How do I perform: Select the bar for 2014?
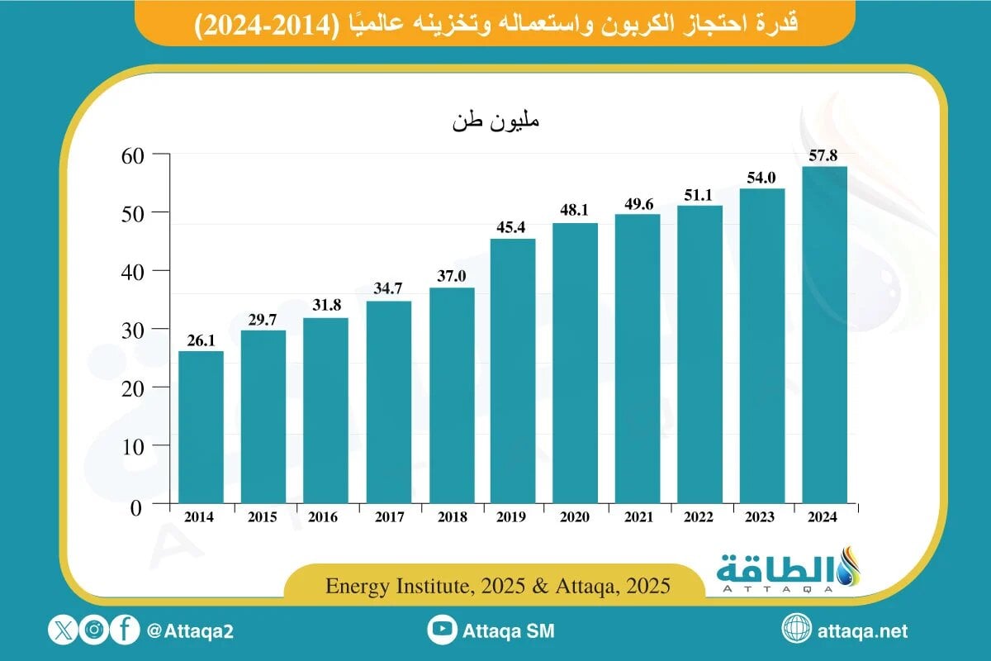tap(201, 427)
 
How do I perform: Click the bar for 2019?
tap(513, 371)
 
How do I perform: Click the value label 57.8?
tap(824, 155)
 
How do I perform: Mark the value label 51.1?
tap(699, 194)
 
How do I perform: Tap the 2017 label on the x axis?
tap(388, 517)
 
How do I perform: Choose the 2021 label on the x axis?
tap(638, 517)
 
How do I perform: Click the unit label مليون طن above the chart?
tap(495, 122)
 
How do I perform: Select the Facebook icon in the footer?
tap(125, 630)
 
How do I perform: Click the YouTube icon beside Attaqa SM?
tap(443, 630)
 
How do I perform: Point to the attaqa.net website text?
tap(862, 631)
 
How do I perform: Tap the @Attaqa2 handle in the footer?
tap(190, 631)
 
